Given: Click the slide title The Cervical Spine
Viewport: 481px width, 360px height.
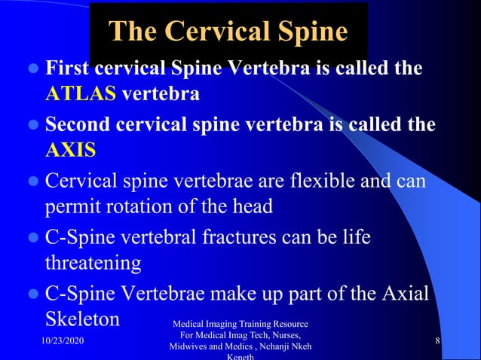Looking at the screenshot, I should pos(228,32).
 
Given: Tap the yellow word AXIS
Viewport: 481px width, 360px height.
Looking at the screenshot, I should pos(70,149).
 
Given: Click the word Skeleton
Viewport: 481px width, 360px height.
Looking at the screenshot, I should pos(83,318).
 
